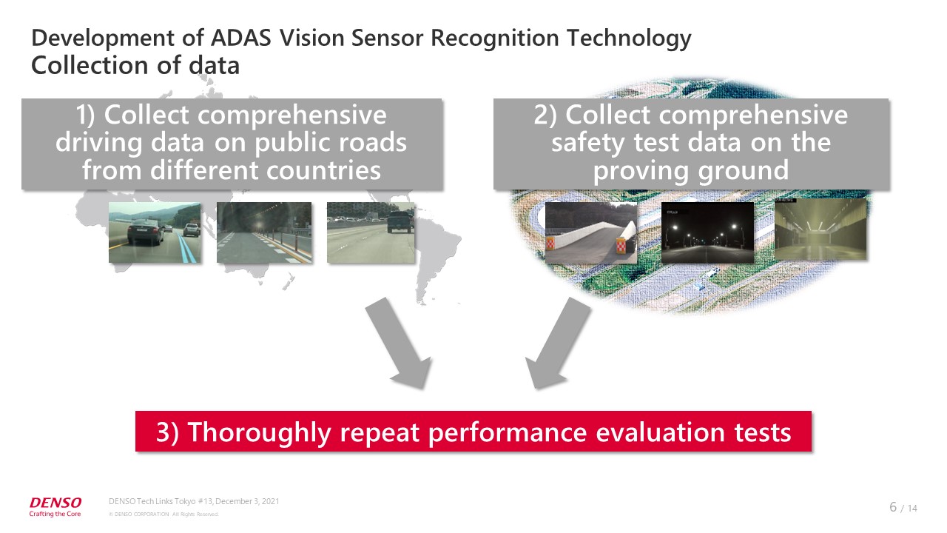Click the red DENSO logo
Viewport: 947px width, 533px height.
click(55, 502)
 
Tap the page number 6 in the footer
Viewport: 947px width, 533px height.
click(893, 506)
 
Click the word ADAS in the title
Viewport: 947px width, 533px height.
click(241, 38)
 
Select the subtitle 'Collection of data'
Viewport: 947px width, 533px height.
click(135, 66)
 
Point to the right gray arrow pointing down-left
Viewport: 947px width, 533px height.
click(558, 343)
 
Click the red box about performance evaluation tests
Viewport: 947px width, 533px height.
click(473, 431)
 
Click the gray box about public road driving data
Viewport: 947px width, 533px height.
click(232, 144)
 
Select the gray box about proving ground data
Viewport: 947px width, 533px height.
click(691, 144)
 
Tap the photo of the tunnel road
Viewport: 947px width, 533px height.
click(264, 232)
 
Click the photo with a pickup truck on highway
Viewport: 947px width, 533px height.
click(371, 232)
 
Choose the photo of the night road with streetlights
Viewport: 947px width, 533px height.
click(707, 232)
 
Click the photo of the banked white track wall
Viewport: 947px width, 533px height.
click(591, 232)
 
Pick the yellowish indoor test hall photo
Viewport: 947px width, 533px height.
click(820, 229)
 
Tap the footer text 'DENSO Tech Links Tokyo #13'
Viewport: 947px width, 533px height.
click(161, 501)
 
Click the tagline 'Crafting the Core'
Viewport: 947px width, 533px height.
click(55, 514)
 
